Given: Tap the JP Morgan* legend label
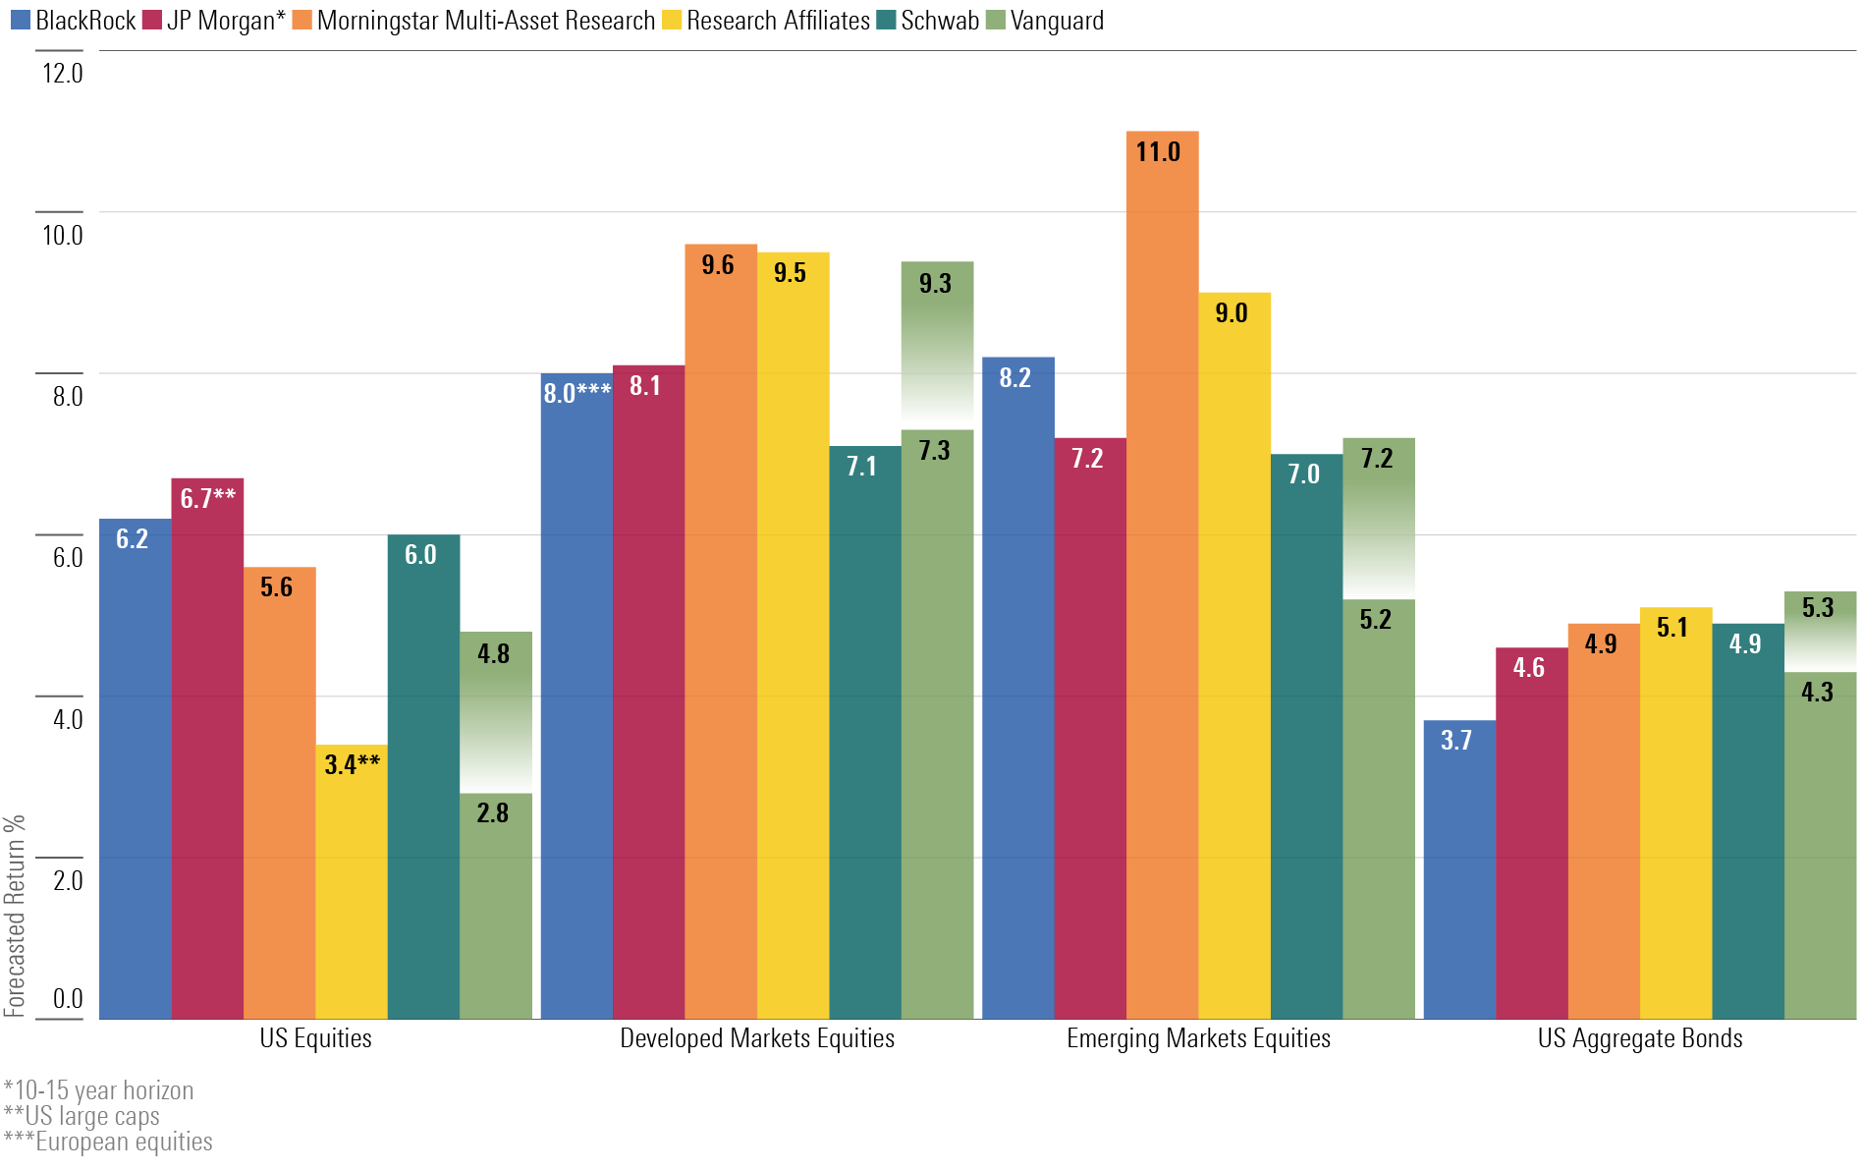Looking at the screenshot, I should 214,21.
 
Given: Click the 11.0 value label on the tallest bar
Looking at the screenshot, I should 1158,152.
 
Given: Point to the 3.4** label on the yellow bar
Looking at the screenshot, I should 352,764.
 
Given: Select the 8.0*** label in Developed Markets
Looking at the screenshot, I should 576,394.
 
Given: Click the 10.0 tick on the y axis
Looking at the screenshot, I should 62,235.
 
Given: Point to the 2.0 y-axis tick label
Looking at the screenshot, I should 67,880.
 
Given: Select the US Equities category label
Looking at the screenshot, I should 315,1038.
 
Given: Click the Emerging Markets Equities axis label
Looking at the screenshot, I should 1198,1038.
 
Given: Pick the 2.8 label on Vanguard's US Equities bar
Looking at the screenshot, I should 492,813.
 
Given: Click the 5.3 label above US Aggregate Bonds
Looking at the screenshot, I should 1817,608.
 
